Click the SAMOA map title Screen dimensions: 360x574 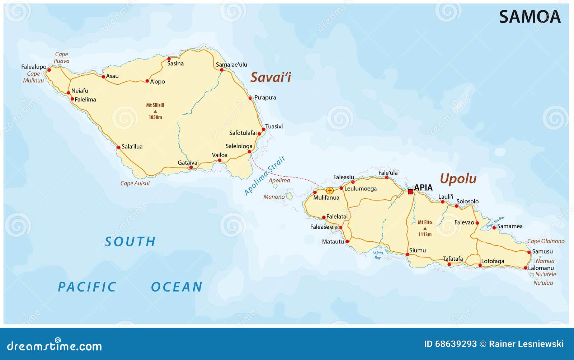click(530, 17)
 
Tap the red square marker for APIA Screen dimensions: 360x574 click(410, 192)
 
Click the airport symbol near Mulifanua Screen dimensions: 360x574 click(330, 190)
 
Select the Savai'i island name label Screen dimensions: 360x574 click(270, 77)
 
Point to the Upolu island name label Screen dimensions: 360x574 click(458, 179)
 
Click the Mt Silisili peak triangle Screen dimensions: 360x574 click(155, 112)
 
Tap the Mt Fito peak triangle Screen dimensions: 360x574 click(425, 228)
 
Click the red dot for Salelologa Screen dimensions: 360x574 click(249, 152)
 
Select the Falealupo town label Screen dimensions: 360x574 click(34, 67)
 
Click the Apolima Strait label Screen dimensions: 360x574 click(265, 176)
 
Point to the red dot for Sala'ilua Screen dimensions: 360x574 click(119, 147)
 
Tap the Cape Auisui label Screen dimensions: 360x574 click(135, 183)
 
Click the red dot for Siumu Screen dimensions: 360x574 click(408, 255)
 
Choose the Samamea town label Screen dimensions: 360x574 click(510, 226)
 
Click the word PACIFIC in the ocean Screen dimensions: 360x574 click(87, 287)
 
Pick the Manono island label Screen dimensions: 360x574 click(274, 196)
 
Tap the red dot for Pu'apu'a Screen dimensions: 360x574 click(250, 98)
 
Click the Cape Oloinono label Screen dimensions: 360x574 click(546, 241)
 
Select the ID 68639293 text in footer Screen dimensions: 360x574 click(450, 344)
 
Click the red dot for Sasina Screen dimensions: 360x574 click(169, 59)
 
